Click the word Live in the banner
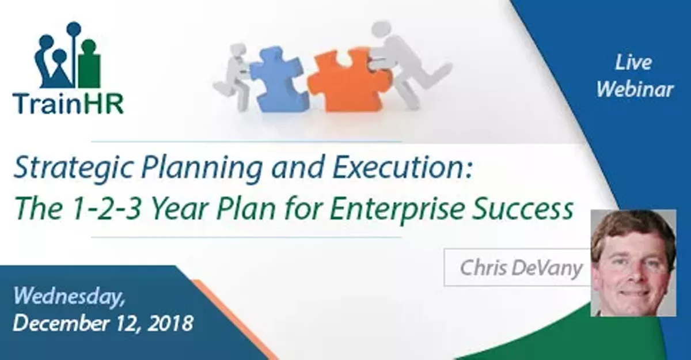coord(633,63)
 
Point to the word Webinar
coord(634,90)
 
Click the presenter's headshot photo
coord(633,262)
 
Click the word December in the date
coord(58,323)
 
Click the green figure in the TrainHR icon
coord(89,63)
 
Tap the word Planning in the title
coord(172,168)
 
